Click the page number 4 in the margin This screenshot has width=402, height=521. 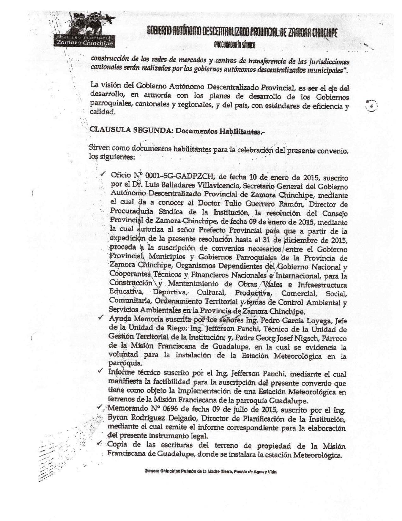click(x=371, y=106)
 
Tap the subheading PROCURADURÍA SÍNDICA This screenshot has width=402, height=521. click(x=235, y=45)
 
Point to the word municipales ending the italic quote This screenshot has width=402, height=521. click(x=328, y=70)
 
